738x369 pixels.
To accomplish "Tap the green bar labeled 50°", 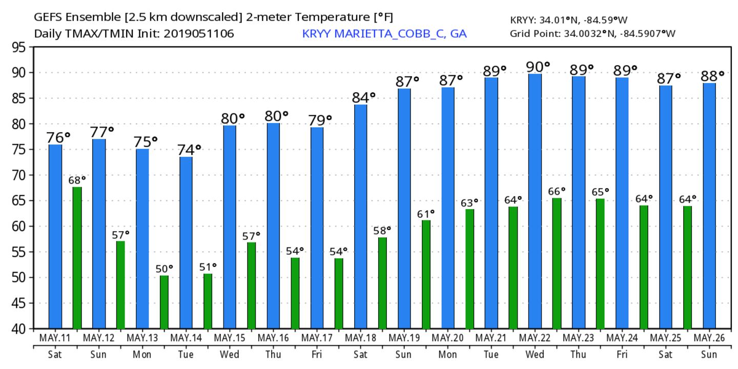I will (x=164, y=302).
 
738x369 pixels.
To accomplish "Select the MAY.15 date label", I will (x=230, y=339).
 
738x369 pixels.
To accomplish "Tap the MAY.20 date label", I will (x=448, y=339).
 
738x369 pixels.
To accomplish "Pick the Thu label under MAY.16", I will (x=273, y=354).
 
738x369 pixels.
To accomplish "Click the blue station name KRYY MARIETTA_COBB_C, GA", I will (x=384, y=34).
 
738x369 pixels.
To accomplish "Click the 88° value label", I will (x=713, y=76).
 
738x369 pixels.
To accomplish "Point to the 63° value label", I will (x=469, y=203).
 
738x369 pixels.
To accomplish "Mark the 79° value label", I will (x=320, y=120).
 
